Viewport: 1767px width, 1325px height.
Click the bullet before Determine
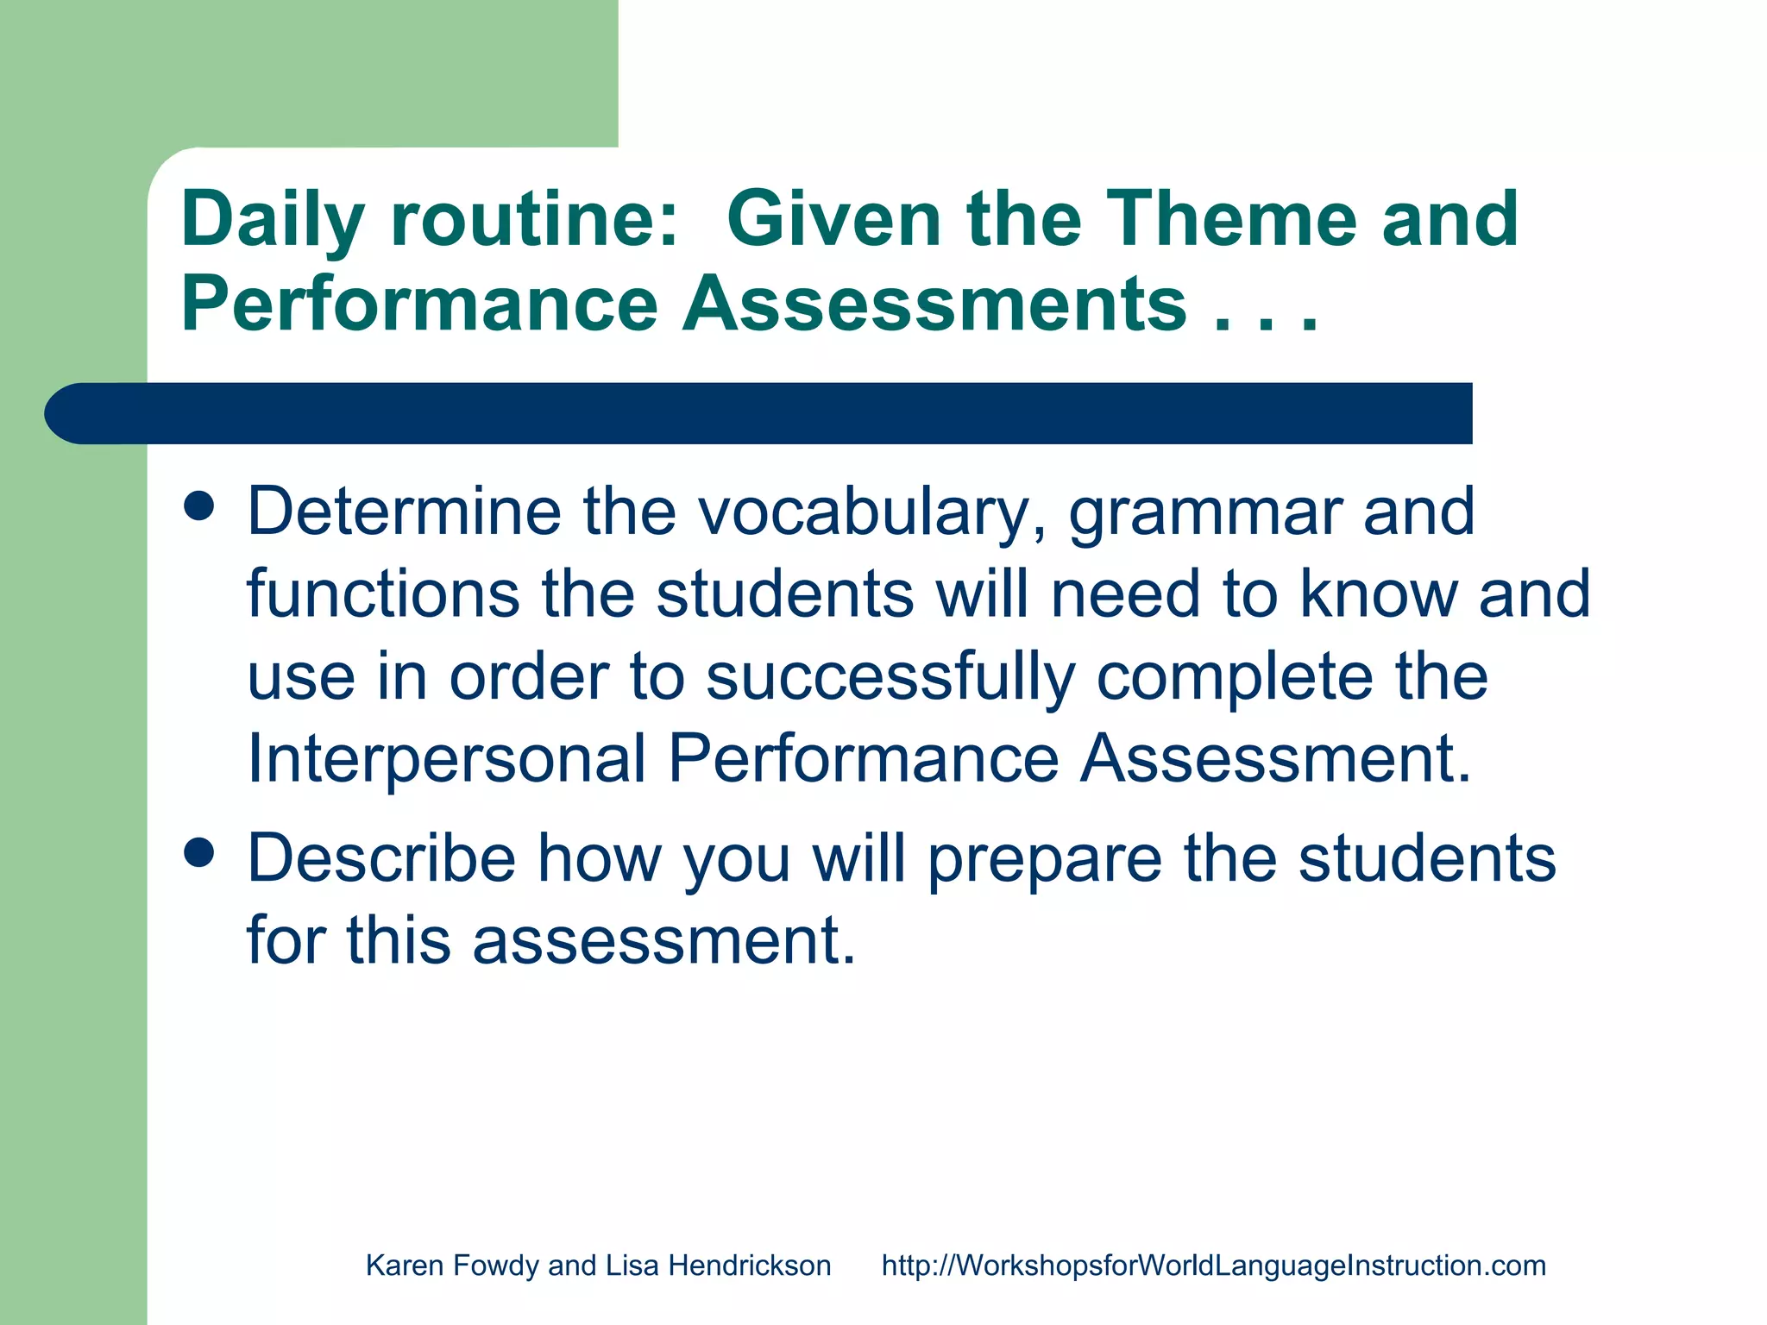click(199, 506)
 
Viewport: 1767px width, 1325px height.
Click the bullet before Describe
click(199, 853)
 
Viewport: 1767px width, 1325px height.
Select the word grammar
click(1204, 512)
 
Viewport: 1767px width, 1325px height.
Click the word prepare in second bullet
click(1044, 859)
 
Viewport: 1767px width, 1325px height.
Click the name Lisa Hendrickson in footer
click(718, 1265)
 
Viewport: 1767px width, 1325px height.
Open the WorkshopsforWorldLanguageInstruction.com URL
click(1213, 1265)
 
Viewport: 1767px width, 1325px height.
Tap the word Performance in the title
click(419, 304)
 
